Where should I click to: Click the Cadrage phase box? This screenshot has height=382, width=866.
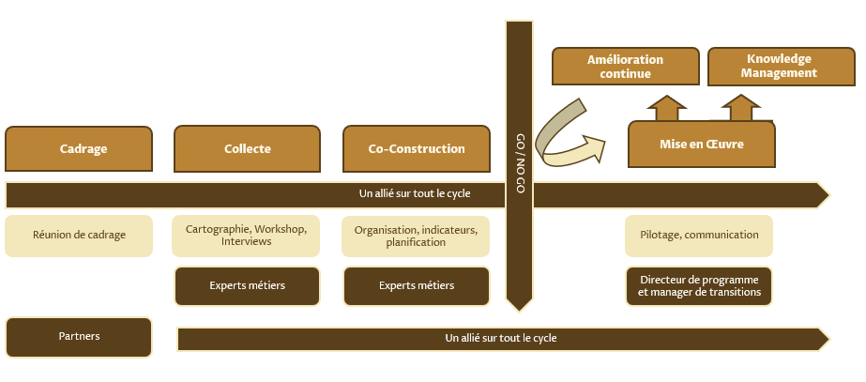pyautogui.click(x=79, y=148)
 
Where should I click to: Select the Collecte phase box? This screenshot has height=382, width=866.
pyautogui.click(x=248, y=148)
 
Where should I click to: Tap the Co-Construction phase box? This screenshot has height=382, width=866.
pyautogui.click(x=417, y=148)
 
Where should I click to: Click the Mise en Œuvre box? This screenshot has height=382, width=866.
pyautogui.click(x=702, y=144)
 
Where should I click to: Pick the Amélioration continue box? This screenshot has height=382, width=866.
pyautogui.click(x=625, y=66)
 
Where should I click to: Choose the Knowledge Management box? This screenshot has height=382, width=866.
pyautogui.click(x=779, y=66)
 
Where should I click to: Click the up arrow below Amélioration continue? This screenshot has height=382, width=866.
pyautogui.click(x=667, y=108)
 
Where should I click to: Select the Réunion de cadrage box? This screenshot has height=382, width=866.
pyautogui.click(x=79, y=236)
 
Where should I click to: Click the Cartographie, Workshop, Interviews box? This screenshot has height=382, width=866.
pyautogui.click(x=247, y=236)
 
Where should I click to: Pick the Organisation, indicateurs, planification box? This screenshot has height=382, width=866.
pyautogui.click(x=416, y=236)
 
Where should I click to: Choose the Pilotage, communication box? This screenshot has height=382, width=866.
pyautogui.click(x=699, y=236)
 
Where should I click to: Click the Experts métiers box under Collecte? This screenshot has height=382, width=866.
pyautogui.click(x=247, y=286)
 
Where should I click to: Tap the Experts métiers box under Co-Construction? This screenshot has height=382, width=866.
pyautogui.click(x=416, y=286)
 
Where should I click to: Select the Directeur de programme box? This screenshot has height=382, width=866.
pyautogui.click(x=699, y=286)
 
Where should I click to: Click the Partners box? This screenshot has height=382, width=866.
pyautogui.click(x=79, y=337)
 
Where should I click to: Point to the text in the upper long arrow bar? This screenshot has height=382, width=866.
pyautogui.click(x=415, y=194)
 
